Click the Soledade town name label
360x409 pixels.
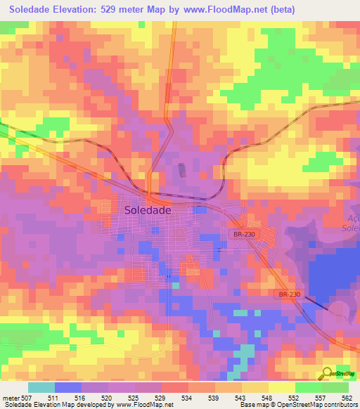(148, 209)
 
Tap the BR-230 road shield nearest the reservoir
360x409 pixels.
(289, 294)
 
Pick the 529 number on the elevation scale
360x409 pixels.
(162, 398)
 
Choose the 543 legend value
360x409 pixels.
(242, 398)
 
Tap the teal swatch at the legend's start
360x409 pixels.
(41, 387)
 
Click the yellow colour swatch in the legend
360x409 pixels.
(282, 387)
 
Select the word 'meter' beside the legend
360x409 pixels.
(12, 398)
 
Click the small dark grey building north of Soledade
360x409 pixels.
(182, 170)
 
